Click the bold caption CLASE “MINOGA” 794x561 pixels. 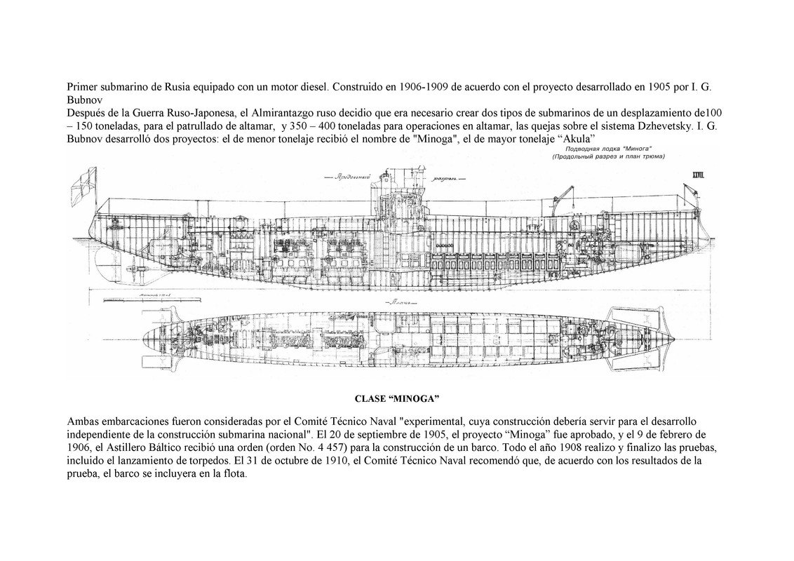point(397,400)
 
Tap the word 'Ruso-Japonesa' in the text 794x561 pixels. point(185,112)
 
